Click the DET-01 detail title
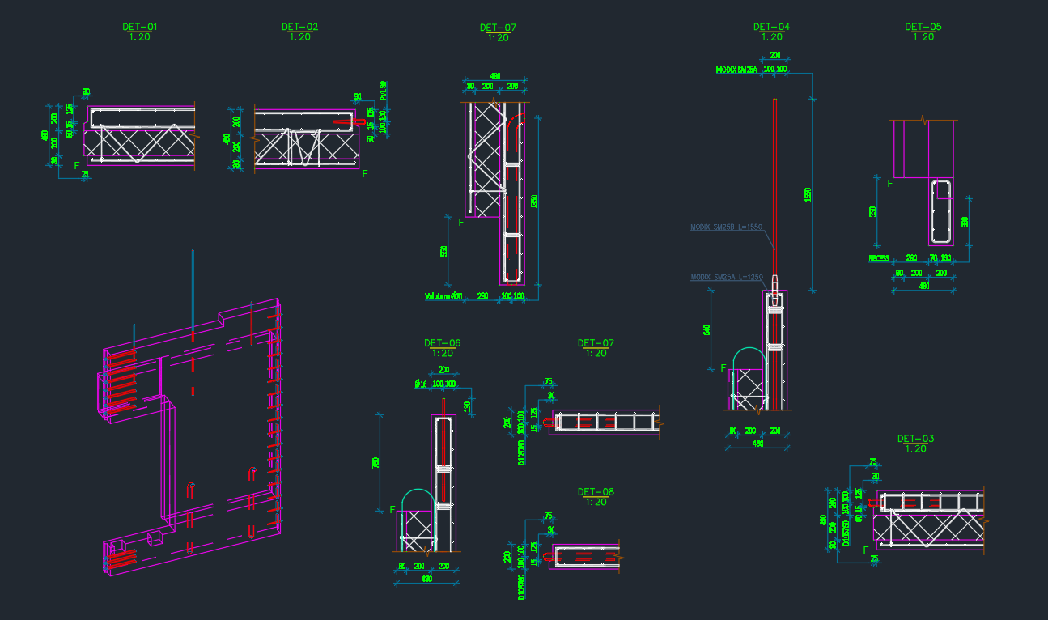140,28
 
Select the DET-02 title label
299,28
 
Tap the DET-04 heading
771,27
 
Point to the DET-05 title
923,27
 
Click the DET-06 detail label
442,343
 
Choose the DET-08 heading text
596,492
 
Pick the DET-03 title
915,439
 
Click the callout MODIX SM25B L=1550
726,227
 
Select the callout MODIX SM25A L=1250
726,278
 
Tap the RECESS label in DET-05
879,259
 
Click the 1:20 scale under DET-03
915,448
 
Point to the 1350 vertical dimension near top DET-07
534,201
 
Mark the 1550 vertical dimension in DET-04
808,194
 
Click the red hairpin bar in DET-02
344,123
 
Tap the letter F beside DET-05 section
890,184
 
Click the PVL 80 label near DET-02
383,88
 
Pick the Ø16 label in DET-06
421,384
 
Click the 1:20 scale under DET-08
596,502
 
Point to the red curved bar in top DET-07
516,130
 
